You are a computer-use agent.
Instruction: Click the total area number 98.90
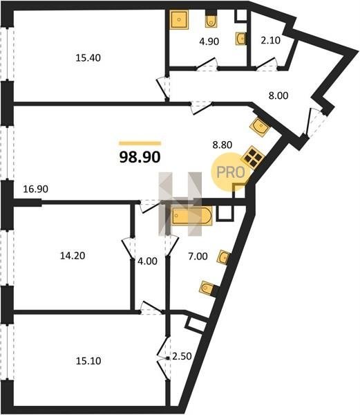[x=140, y=157]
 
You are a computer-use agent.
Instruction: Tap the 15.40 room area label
[x=88, y=57]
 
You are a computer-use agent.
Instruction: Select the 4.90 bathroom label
[x=209, y=41]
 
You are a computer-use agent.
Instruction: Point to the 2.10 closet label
[x=270, y=41]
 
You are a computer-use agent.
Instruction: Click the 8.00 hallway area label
[x=278, y=95]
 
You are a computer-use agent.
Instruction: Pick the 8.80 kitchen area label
[x=222, y=145]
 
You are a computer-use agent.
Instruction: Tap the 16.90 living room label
[x=35, y=189]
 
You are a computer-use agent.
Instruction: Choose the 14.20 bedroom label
[x=73, y=256]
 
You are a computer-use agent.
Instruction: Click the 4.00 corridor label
[x=147, y=261]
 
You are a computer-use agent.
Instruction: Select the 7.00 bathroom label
[x=198, y=256]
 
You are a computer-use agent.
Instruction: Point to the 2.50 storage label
[x=182, y=356]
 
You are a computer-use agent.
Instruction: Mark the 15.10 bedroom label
[x=88, y=361]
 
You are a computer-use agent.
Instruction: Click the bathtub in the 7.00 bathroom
[x=192, y=216]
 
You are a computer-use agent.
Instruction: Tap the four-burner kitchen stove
[x=253, y=158]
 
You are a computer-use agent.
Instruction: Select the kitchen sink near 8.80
[x=260, y=127]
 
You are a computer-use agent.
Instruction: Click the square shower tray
[x=179, y=19]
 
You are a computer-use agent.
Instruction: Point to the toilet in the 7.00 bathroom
[x=208, y=288]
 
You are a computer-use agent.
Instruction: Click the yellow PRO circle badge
[x=231, y=173]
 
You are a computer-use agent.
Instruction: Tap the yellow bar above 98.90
[x=140, y=143]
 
